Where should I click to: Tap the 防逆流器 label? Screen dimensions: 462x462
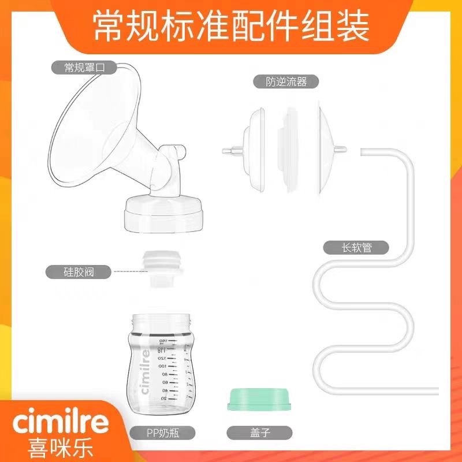point(280,82)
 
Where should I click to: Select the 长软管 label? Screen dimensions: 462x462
point(356,249)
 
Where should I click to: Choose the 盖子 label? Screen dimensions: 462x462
point(252,431)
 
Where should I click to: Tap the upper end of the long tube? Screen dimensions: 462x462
point(363,151)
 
